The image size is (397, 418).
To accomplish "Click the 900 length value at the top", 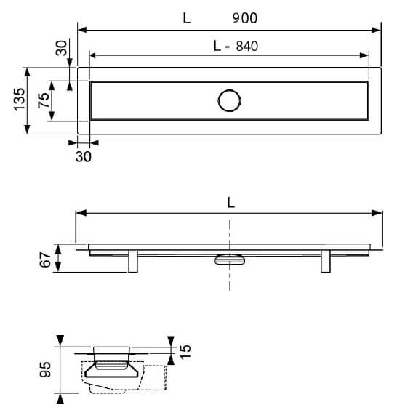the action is tap(245, 18).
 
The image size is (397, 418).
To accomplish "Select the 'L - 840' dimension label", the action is tap(236, 46).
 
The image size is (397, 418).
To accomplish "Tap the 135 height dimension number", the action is tap(20, 100).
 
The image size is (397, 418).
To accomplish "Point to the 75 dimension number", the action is tap(44, 100).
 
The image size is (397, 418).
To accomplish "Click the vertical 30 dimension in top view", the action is tap(61, 48).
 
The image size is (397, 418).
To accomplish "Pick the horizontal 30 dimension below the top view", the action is tap(83, 156).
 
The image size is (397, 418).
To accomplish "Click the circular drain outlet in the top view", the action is tap(230, 101).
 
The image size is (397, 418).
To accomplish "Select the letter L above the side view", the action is tap(231, 204).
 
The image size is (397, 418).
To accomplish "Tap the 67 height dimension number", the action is tap(45, 259).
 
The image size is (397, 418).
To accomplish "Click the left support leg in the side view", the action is tap(133, 261).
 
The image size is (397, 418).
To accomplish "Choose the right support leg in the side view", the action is tap(326, 261).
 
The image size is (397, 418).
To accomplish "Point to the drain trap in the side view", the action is tap(230, 260).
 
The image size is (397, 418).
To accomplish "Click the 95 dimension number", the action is tap(45, 369).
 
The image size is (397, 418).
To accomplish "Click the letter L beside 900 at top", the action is tap(187, 18).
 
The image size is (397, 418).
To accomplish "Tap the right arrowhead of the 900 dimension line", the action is tap(376, 30).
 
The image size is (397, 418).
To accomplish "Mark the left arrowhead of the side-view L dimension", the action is tap(81, 213).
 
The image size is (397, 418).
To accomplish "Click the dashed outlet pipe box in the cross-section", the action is tap(154, 378).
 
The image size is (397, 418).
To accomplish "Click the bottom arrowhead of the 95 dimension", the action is tap(60, 399).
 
